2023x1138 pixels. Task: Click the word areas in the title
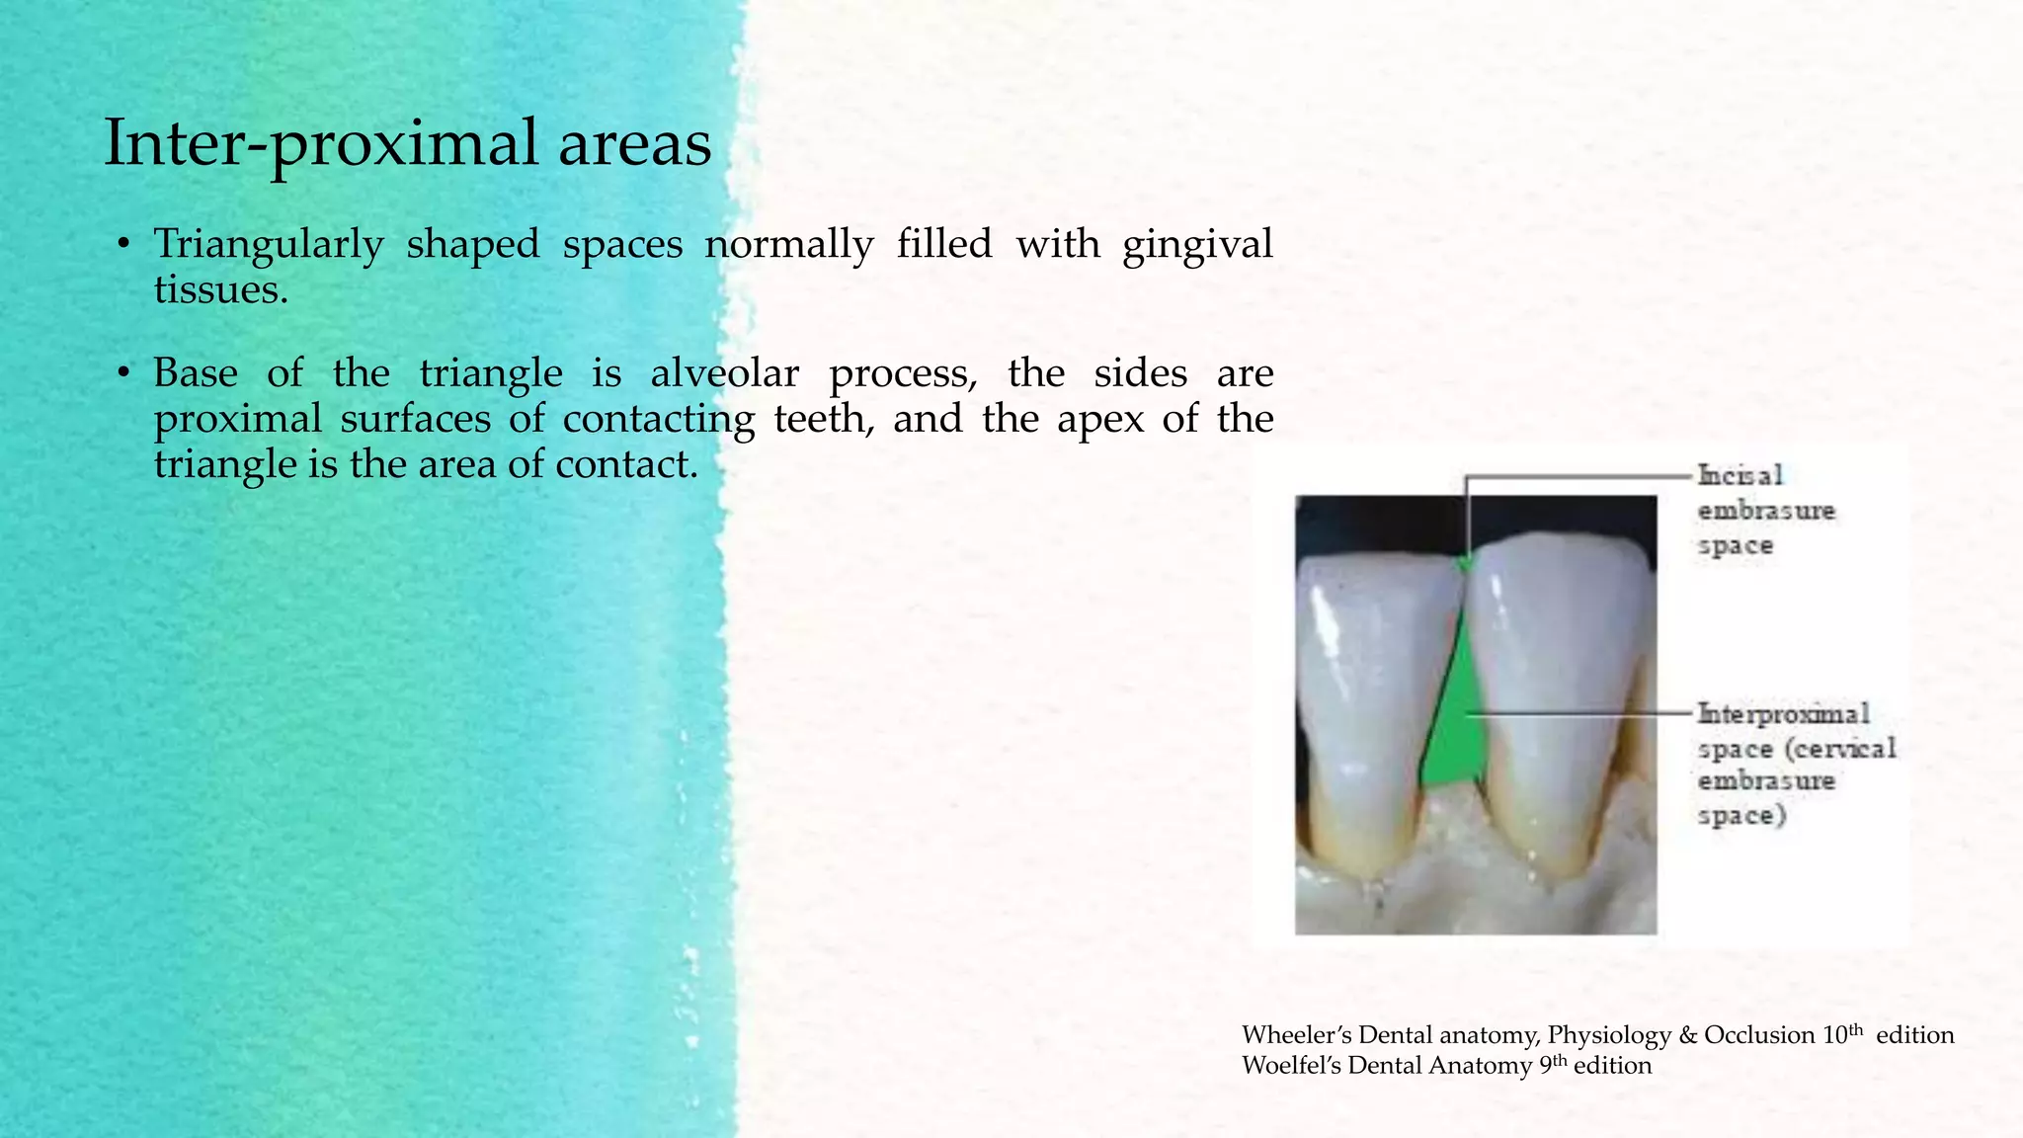[x=634, y=143]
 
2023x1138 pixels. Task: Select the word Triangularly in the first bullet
[x=268, y=244]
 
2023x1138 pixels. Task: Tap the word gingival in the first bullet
[x=1197, y=244]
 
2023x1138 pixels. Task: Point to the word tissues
[x=220, y=289]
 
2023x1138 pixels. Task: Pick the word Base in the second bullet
[x=196, y=373]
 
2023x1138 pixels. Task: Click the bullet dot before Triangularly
[x=122, y=245]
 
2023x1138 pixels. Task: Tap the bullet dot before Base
[x=122, y=374]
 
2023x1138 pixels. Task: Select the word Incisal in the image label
[x=1740, y=476]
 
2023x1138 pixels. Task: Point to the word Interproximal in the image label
[x=1783, y=713]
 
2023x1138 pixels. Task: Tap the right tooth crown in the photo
[x=1561, y=672]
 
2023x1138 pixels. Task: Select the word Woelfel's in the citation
[x=1291, y=1066]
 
